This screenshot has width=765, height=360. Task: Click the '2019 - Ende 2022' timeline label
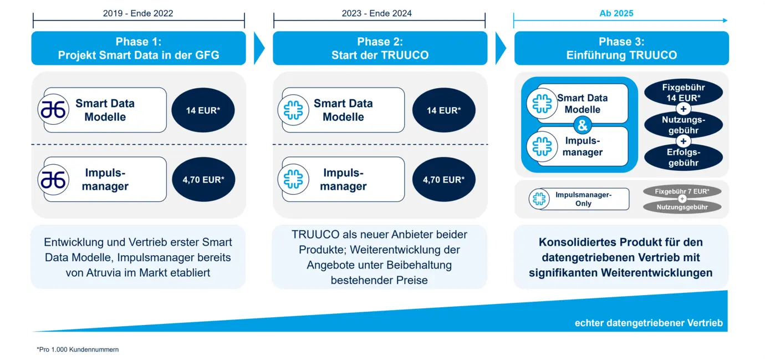coord(138,13)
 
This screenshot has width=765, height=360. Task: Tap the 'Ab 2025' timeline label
coord(616,13)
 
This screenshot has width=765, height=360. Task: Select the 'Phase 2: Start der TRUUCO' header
coord(380,48)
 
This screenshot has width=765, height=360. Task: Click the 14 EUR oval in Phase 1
coord(203,110)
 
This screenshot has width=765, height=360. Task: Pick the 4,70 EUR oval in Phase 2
coord(443,180)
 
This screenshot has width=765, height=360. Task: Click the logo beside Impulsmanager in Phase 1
coord(53,180)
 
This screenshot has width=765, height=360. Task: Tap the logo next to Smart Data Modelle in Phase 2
coord(293,110)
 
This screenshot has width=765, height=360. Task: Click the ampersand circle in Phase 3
coord(583,125)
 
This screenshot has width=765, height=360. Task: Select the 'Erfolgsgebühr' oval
coord(684,158)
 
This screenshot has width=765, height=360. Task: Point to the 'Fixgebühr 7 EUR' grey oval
coord(682,191)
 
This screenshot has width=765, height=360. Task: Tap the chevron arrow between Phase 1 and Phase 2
coord(259,48)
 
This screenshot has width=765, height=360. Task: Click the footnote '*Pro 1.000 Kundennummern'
coord(78,349)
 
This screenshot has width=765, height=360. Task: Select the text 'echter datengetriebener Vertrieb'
coord(649,323)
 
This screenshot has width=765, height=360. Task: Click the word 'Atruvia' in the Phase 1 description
coord(104,273)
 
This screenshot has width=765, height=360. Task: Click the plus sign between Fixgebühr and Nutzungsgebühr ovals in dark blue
coord(684,109)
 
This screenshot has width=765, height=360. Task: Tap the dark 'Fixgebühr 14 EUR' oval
coord(684,92)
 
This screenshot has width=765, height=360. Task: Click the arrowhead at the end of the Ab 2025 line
coord(725,21)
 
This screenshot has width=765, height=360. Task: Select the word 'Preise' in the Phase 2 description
coord(411,280)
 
